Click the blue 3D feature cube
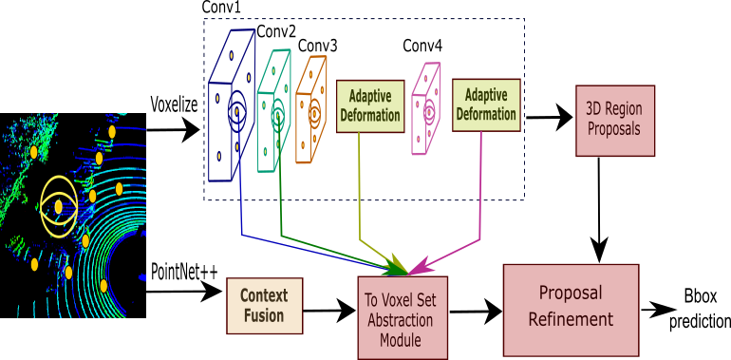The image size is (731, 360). tap(231, 106)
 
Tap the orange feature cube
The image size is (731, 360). tap(310, 110)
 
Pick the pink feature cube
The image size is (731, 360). tap(425, 109)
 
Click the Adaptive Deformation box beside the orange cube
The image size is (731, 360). tap(370, 106)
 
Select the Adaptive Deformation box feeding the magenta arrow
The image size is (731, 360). tap(486, 104)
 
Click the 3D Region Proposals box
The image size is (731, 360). tap(614, 121)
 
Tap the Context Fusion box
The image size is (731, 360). tap(264, 306)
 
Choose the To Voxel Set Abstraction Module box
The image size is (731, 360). tap(402, 317)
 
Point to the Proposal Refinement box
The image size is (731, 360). tap(571, 309)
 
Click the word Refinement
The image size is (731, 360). tap(571, 320)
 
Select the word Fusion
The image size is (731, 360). tap(264, 316)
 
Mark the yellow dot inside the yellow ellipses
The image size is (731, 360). tap(58, 206)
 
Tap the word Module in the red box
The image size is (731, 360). tap(401, 340)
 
